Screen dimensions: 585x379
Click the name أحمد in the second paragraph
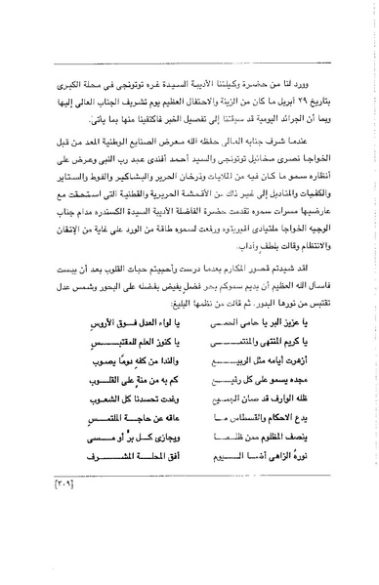click(x=175, y=155)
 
